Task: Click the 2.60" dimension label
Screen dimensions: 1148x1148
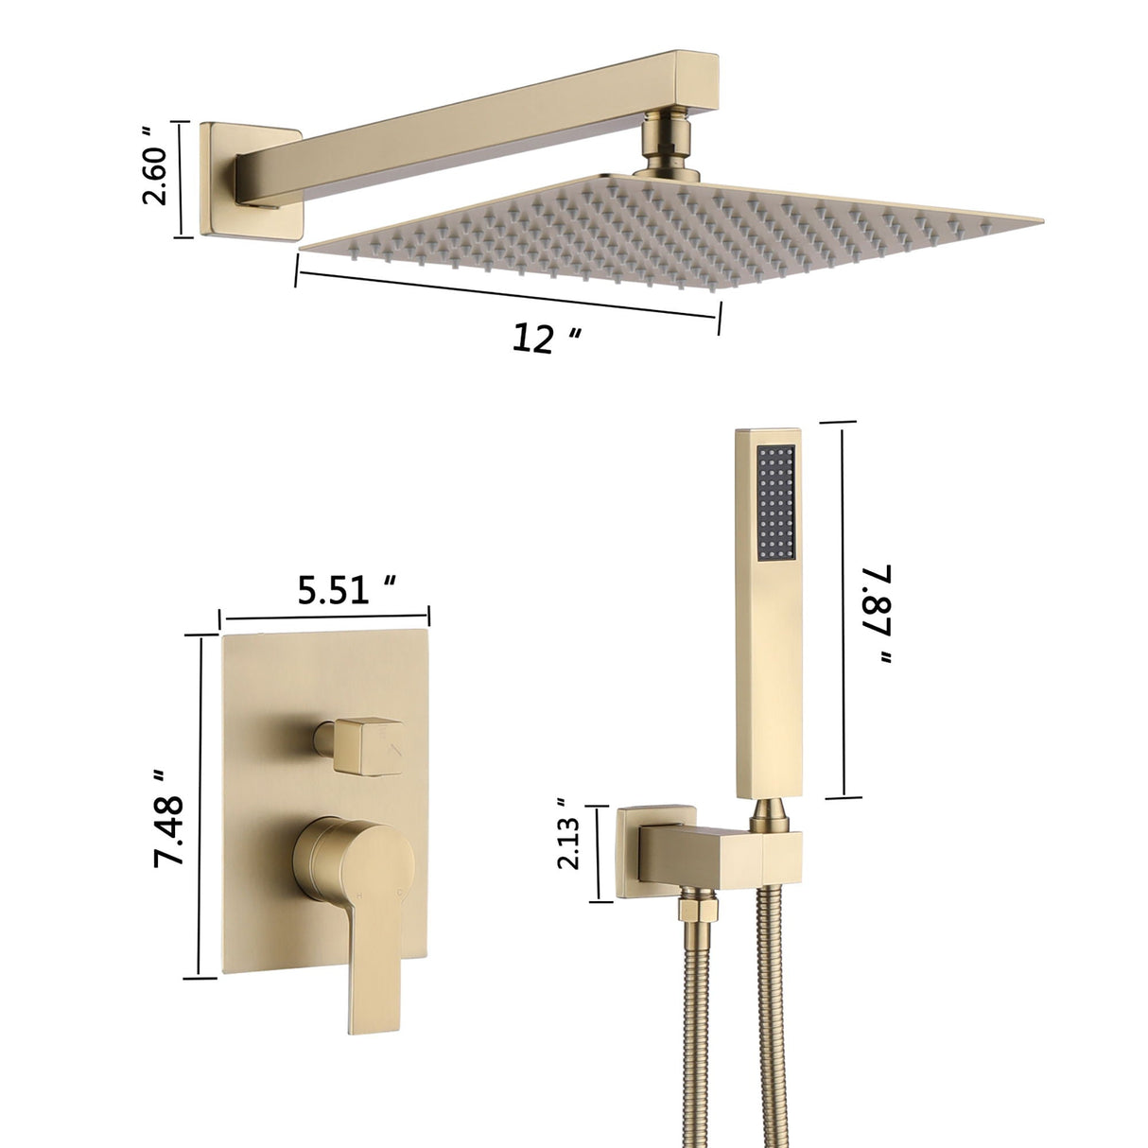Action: [x=157, y=175]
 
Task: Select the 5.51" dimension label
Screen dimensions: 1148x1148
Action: [x=345, y=592]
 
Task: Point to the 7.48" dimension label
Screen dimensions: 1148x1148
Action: [x=169, y=819]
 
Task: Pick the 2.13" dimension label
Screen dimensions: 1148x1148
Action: [x=568, y=849]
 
